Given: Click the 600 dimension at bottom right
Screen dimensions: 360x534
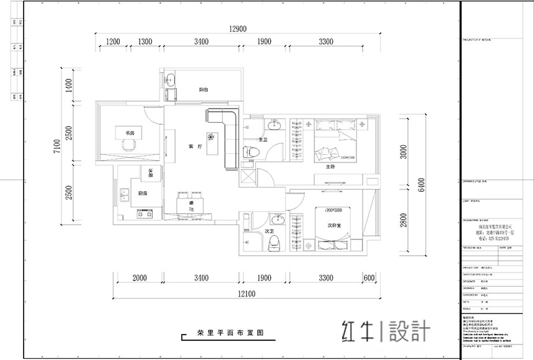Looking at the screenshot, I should pos(369,278).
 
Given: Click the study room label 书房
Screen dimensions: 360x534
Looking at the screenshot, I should pos(130,133).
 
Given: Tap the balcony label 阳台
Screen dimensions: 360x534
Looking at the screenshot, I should pos(203,89).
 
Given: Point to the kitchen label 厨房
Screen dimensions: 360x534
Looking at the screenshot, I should pos(142,192).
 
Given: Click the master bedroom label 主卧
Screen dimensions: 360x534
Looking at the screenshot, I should pos(330,166).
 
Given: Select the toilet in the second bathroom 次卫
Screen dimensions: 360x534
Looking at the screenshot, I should pos(271,244).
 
